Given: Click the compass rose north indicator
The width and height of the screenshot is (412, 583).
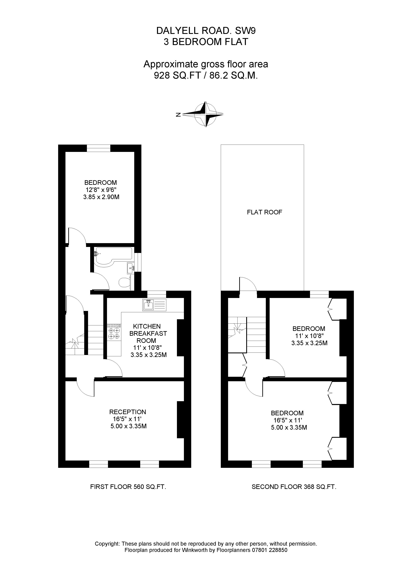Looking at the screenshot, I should tap(178, 115).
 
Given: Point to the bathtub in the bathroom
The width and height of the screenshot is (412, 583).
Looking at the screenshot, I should tap(113, 256).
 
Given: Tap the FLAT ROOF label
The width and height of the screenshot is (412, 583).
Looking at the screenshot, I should tap(264, 212).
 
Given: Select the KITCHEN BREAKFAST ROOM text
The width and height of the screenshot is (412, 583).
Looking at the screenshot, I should tap(148, 333).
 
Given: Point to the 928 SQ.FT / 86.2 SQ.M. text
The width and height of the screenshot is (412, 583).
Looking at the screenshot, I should tap(206, 75).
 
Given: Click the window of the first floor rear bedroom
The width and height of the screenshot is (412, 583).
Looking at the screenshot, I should tap(99, 148).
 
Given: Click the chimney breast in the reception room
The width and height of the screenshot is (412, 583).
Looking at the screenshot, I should tap(180, 419).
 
